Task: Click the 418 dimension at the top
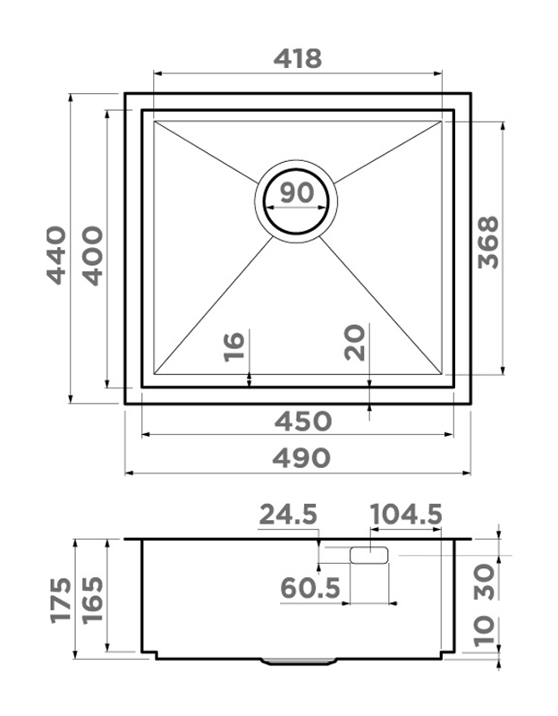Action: pyautogui.click(x=298, y=58)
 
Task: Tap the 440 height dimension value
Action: pyautogui.click(x=56, y=255)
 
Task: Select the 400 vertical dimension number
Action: pyautogui.click(x=94, y=256)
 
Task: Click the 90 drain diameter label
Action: pyautogui.click(x=297, y=192)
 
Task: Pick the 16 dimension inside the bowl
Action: pyautogui.click(x=234, y=347)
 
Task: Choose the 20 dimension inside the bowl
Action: pyautogui.click(x=355, y=343)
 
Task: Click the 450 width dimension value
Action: pyautogui.click(x=302, y=421)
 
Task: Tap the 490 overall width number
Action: pyautogui.click(x=300, y=457)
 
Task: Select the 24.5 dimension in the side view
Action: pyautogui.click(x=288, y=515)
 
